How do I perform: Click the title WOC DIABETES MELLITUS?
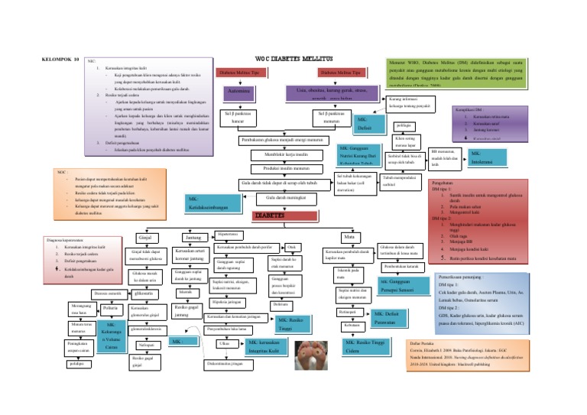(x=293, y=59)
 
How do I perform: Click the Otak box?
(x=291, y=246)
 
